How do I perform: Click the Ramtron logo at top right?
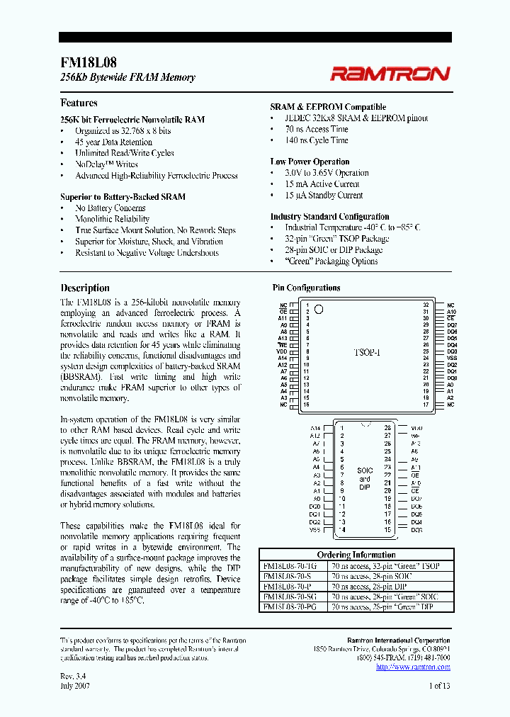click(389, 74)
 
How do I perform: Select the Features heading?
click(79, 103)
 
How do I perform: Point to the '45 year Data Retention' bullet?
click(114, 142)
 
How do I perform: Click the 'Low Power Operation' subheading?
click(310, 162)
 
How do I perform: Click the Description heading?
click(85, 288)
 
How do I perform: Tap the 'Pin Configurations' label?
click(306, 288)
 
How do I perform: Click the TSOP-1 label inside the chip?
click(367, 351)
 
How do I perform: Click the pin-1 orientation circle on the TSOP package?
click(319, 309)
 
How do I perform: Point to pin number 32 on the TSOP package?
click(426, 305)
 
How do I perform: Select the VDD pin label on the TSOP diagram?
click(283, 351)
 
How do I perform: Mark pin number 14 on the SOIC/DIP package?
click(341, 529)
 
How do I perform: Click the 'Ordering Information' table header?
click(356, 555)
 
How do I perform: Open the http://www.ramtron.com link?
click(413, 667)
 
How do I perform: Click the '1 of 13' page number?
click(439, 685)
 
